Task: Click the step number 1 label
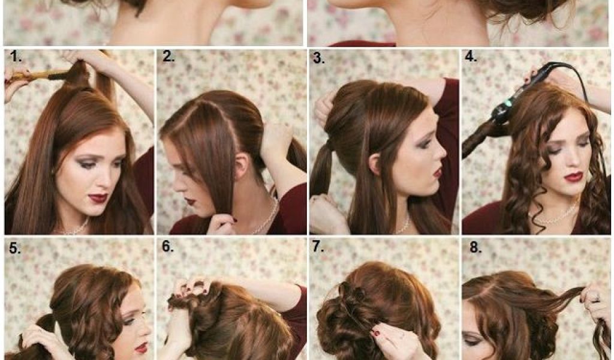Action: [16, 57]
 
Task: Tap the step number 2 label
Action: [168, 57]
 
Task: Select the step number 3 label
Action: [319, 58]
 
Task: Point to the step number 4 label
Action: [471, 57]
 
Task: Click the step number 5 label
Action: [15, 248]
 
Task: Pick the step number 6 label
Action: [168, 247]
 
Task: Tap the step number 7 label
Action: [318, 247]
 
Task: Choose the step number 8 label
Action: [475, 248]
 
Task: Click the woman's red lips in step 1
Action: [97, 197]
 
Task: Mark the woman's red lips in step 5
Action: [141, 347]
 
